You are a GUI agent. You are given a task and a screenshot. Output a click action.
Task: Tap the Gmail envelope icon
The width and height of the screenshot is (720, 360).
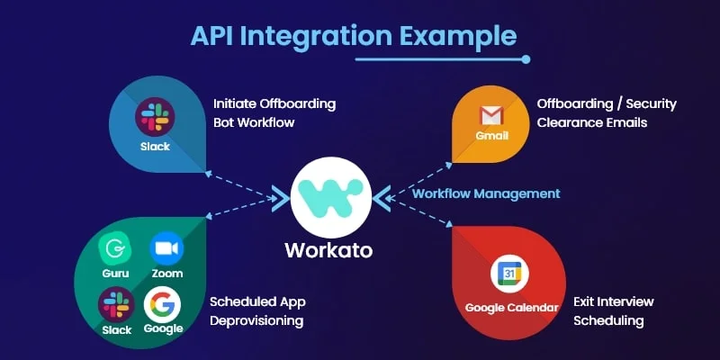tap(491, 115)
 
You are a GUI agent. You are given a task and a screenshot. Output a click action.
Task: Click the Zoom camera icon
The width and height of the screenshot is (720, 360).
tap(166, 247)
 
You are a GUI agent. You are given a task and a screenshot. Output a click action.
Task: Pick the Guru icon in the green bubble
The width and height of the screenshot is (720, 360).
tap(116, 247)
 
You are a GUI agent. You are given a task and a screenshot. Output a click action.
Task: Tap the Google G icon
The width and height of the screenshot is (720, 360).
tap(163, 304)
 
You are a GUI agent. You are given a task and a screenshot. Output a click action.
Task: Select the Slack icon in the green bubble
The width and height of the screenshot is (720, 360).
tap(116, 304)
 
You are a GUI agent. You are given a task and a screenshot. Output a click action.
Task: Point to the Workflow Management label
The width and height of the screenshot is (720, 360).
tap(486, 193)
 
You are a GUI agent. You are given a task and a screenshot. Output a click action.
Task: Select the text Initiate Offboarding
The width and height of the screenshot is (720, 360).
tap(274, 103)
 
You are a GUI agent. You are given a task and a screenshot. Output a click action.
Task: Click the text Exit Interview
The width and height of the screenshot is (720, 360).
tap(613, 301)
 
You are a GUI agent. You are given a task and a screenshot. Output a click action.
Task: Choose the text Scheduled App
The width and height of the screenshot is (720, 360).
tap(256, 301)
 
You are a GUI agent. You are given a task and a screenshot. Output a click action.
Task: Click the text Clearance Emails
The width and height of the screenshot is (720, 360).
tap(591, 122)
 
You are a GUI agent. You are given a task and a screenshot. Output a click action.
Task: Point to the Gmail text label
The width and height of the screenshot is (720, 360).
tap(491, 137)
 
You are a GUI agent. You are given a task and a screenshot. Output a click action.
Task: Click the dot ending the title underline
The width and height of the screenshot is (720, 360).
tap(526, 59)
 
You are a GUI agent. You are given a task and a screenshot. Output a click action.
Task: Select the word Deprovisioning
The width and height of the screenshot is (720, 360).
tap(256, 320)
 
